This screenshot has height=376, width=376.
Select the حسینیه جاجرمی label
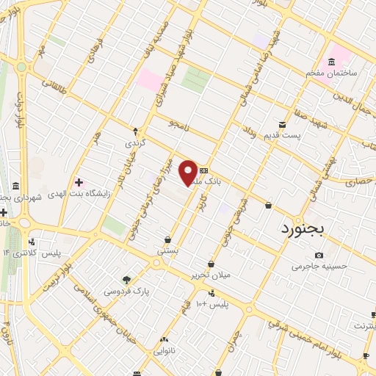coord(317,267)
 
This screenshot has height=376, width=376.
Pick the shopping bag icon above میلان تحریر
coord(211,264)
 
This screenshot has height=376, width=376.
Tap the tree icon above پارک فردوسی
coord(126,280)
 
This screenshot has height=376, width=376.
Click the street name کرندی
coord(134,142)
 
